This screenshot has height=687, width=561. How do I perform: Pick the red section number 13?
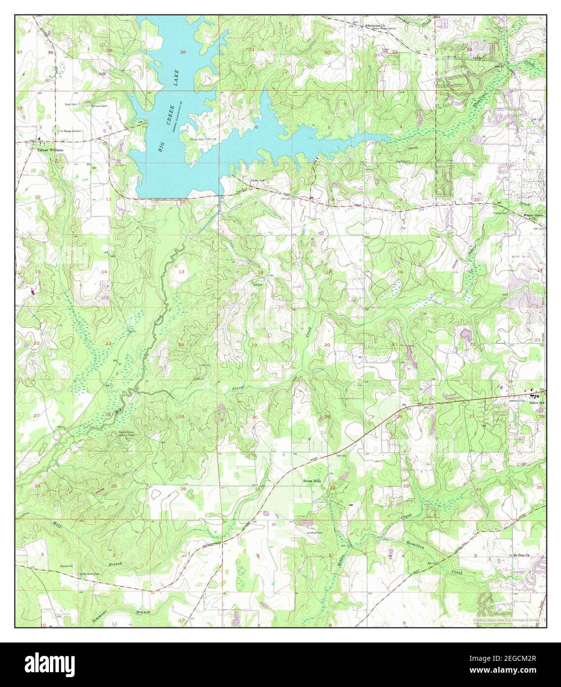point(181,272)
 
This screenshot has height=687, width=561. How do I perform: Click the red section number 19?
point(254,344)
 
